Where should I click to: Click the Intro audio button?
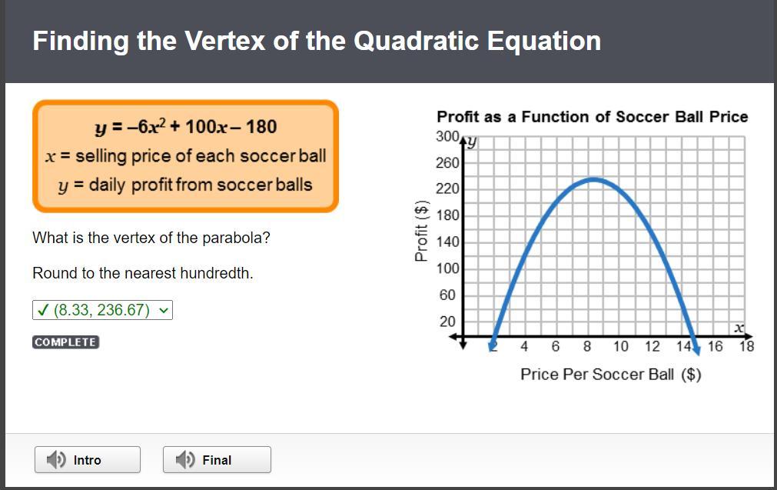point(87,460)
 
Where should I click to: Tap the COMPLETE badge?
point(66,342)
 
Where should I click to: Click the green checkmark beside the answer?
point(43,310)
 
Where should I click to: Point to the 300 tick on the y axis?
point(447,136)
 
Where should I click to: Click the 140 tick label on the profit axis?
point(447,242)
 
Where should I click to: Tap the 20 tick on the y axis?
point(447,322)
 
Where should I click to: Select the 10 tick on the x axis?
point(620,346)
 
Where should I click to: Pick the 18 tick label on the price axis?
point(746,346)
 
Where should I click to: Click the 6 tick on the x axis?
point(556,346)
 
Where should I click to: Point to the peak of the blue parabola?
point(593,179)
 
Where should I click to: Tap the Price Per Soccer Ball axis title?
point(610,374)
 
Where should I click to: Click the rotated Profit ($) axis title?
point(421,231)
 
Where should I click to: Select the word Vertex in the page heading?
point(225,41)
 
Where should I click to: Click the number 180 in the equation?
point(261,127)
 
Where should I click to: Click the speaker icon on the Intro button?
point(56,460)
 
